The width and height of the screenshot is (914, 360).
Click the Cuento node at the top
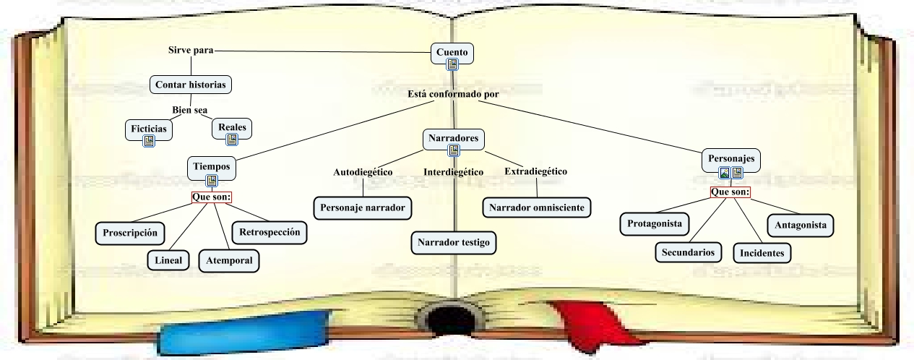click(452, 52)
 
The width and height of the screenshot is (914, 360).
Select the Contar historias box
click(191, 85)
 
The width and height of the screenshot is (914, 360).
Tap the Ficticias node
click(149, 129)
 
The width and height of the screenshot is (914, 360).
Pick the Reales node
click(232, 128)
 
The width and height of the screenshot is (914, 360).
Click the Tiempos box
click(212, 167)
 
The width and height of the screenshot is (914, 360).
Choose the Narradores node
click(453, 138)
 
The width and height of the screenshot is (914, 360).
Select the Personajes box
click(731, 158)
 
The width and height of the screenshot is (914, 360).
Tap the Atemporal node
click(229, 260)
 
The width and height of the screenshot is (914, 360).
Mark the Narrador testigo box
click(454, 243)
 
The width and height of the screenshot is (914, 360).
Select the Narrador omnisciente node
click(536, 207)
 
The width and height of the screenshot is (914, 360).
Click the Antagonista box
click(800, 225)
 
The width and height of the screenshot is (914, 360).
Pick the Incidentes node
click(762, 253)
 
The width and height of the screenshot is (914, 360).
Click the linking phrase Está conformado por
click(453, 94)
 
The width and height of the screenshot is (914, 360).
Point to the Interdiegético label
click(453, 172)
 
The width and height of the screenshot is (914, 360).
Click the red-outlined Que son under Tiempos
click(212, 197)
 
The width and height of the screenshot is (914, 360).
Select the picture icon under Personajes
click(725, 173)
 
